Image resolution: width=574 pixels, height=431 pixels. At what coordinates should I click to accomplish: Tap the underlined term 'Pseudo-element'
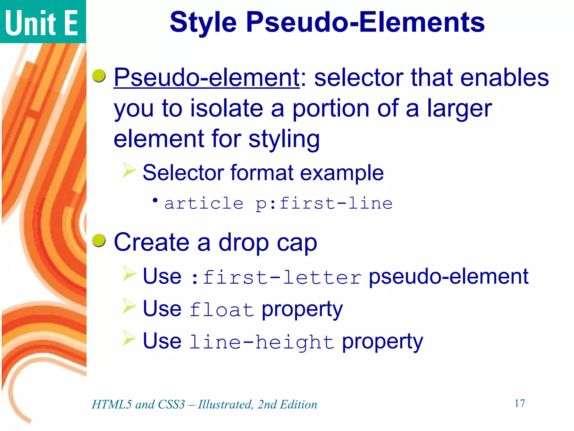click(x=207, y=77)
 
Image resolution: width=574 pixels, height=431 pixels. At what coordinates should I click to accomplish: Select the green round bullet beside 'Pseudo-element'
click(x=99, y=76)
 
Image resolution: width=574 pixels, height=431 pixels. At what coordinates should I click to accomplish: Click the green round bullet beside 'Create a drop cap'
click(x=99, y=240)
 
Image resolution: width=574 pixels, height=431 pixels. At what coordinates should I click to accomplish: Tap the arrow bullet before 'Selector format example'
click(x=129, y=170)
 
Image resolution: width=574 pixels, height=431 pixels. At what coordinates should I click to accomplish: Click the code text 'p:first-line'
click(x=324, y=203)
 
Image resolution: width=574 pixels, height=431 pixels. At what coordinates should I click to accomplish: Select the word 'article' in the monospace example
click(x=204, y=203)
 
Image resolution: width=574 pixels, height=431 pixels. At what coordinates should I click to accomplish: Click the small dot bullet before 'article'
click(x=155, y=200)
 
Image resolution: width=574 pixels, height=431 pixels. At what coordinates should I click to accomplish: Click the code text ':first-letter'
click(x=276, y=277)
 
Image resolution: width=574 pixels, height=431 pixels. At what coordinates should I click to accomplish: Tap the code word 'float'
click(x=221, y=310)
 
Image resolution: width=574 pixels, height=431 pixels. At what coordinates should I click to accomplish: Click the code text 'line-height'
click(x=262, y=342)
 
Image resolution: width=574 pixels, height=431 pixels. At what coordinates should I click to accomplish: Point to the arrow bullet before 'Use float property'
click(x=129, y=306)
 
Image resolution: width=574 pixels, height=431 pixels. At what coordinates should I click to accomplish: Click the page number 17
click(x=520, y=403)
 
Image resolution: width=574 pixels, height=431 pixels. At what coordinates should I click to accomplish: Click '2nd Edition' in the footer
click(x=287, y=404)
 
